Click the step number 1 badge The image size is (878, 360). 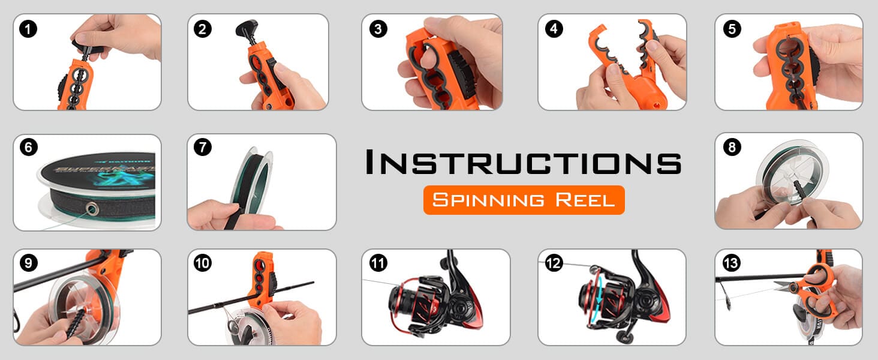(x=28, y=29)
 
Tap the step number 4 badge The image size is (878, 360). (x=554, y=29)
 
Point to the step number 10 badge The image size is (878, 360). (x=203, y=263)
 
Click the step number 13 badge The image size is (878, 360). (x=731, y=263)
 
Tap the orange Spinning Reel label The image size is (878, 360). (x=524, y=200)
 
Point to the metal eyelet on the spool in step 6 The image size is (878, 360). (x=92, y=209)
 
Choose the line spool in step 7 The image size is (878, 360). (x=255, y=174)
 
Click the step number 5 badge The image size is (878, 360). (x=731, y=29)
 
